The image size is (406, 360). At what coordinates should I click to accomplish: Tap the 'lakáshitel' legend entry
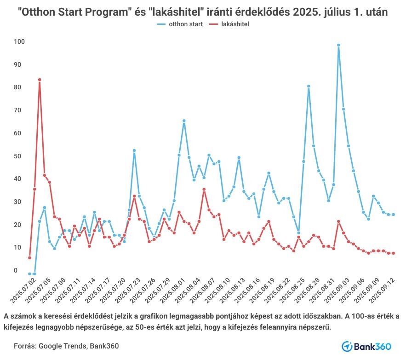(x=234, y=24)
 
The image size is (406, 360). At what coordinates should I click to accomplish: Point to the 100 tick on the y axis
(x=19, y=42)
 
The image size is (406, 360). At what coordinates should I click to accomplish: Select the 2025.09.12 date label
(x=385, y=287)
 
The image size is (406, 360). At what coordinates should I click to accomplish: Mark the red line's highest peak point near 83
(x=40, y=80)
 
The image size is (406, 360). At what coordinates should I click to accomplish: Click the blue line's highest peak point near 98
(x=338, y=45)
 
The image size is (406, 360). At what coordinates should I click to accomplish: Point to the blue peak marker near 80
(x=309, y=86)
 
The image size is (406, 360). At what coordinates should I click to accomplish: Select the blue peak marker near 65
(x=184, y=121)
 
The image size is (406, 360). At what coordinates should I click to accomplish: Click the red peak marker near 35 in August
(x=204, y=189)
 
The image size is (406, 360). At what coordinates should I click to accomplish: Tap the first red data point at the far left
(x=29, y=258)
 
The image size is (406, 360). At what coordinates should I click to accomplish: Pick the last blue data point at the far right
(x=394, y=215)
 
